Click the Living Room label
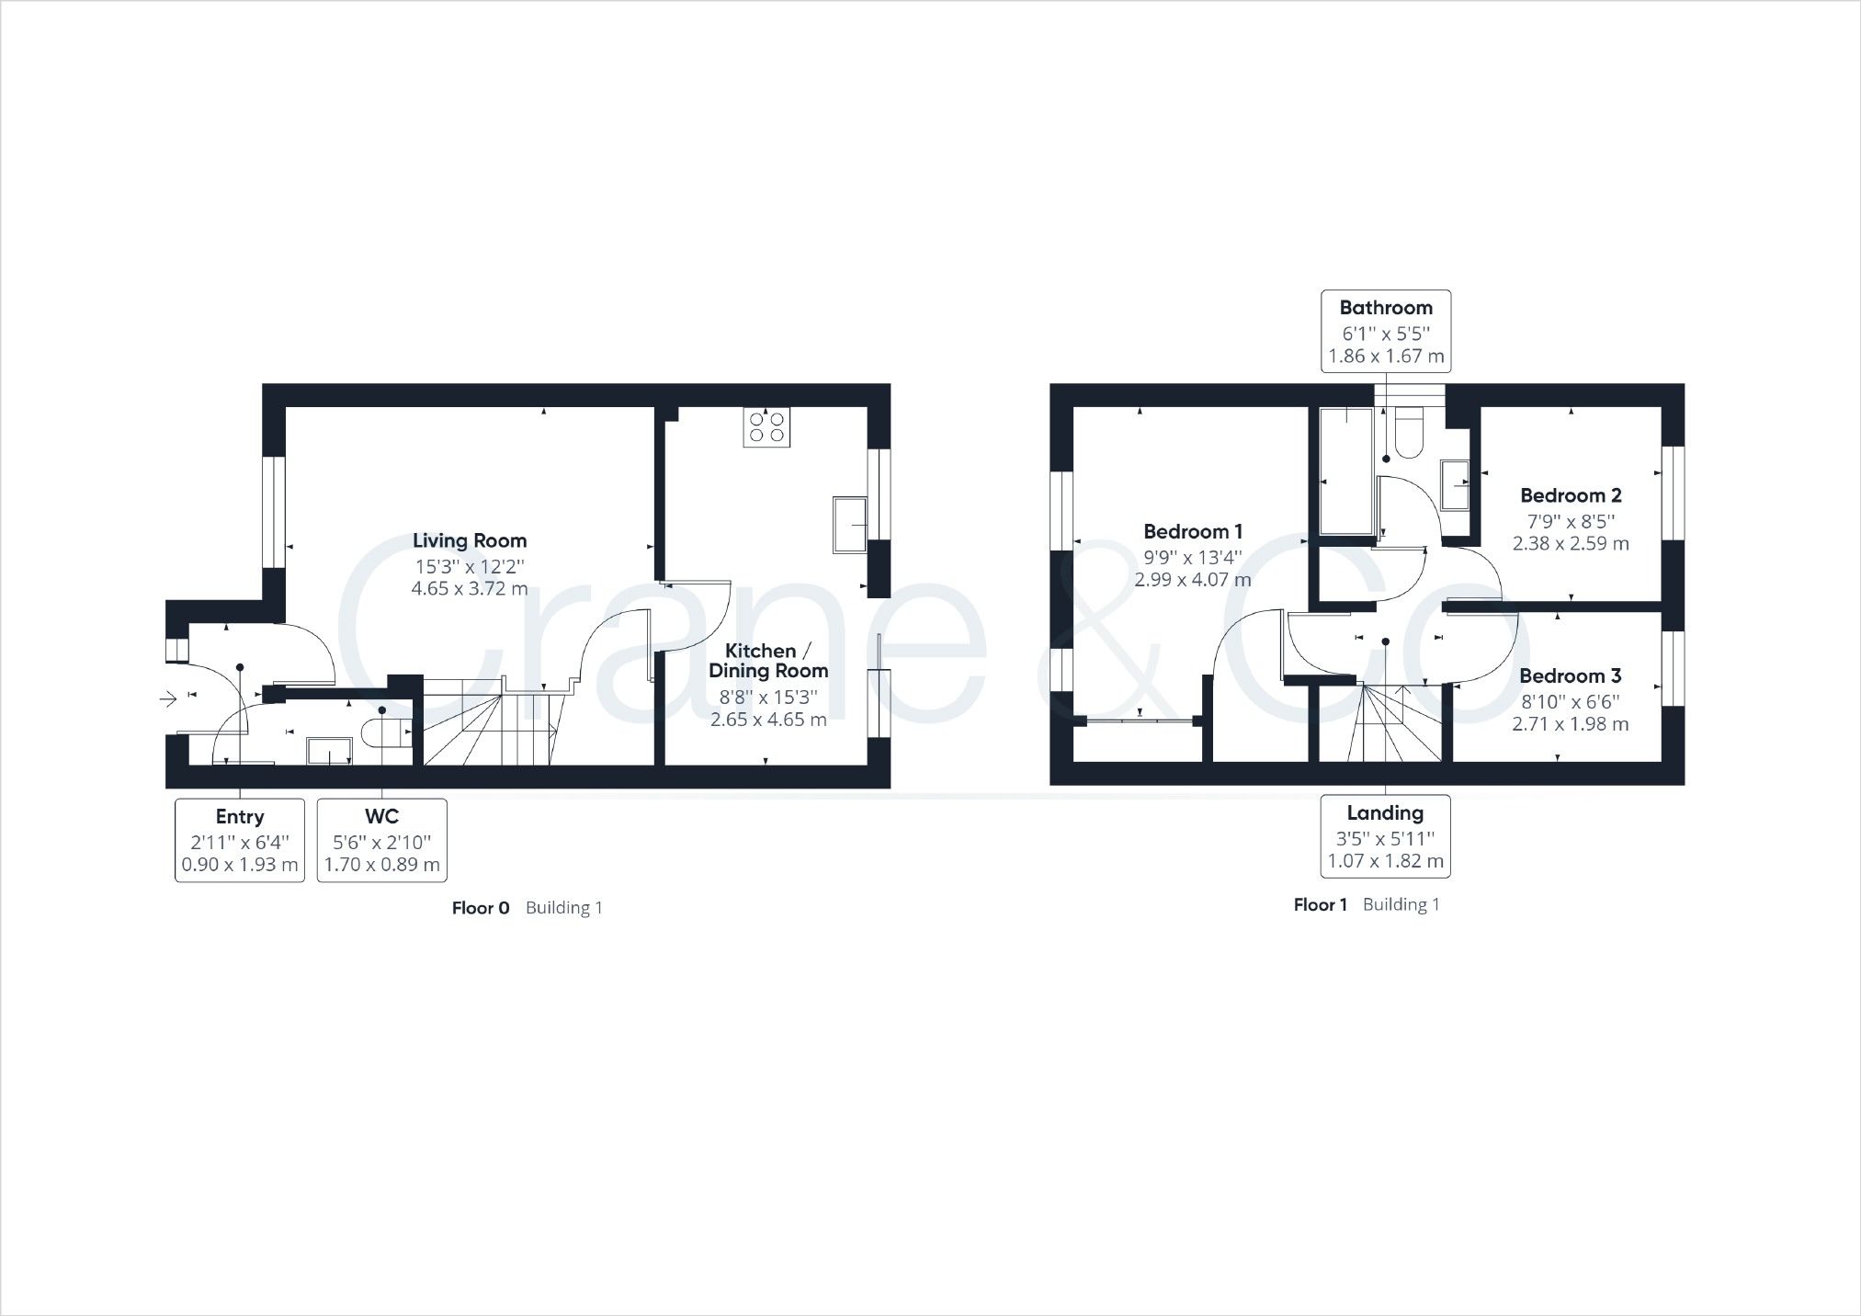click(469, 541)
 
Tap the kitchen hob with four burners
click(766, 427)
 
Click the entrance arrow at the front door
click(168, 700)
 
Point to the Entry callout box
click(240, 840)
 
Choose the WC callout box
click(381, 840)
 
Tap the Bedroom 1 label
click(1192, 531)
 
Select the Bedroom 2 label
click(1570, 495)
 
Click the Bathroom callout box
click(1385, 331)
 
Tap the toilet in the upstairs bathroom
click(1407, 435)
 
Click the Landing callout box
click(1384, 836)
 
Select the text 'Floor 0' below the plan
click(480, 908)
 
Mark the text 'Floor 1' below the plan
click(1320, 904)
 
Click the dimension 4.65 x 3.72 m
click(469, 589)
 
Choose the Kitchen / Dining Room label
click(767, 661)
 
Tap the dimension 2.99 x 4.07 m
click(1192, 580)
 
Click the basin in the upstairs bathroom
click(1454, 485)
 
